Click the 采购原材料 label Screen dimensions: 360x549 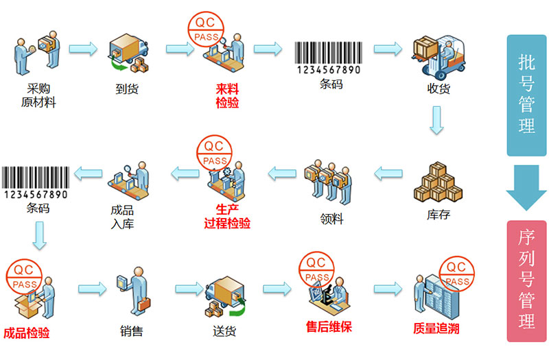[x=38, y=95]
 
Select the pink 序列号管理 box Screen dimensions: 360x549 [x=526, y=281]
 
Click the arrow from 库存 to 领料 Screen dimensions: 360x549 [x=393, y=175]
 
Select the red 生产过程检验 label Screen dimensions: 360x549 [x=227, y=217]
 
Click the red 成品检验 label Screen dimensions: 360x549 [x=27, y=333]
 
